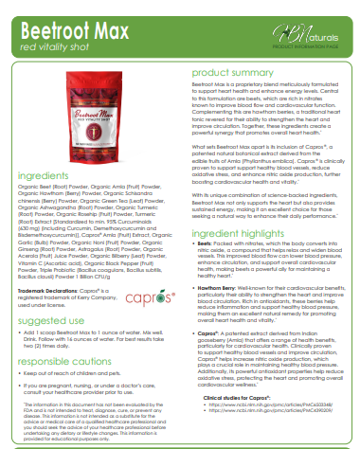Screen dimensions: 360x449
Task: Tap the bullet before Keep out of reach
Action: click(21, 376)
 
